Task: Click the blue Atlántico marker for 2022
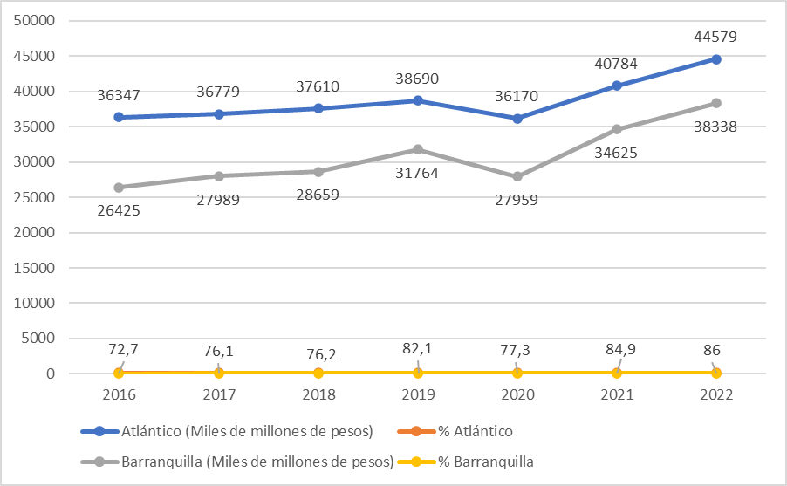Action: coord(716,59)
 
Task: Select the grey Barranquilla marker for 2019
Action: coord(418,149)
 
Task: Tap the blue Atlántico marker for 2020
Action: coord(517,118)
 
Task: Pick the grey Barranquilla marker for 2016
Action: coord(120,187)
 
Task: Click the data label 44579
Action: coord(716,37)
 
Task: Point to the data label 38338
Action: coord(716,127)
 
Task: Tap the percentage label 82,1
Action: coord(417,350)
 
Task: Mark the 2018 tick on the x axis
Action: coord(318,394)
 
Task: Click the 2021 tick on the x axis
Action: coord(617,394)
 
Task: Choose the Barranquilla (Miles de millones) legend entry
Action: coord(235,462)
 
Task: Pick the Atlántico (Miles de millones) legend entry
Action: coord(227,431)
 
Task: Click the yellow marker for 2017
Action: coord(219,373)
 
